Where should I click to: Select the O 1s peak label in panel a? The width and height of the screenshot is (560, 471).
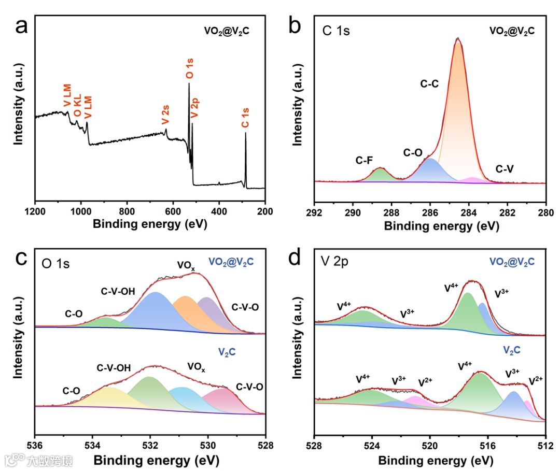tap(190, 69)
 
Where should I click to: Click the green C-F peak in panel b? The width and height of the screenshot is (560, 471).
tap(381, 175)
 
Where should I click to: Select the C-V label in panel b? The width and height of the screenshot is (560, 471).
tap(505, 169)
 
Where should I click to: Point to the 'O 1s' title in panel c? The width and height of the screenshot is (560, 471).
tap(56, 264)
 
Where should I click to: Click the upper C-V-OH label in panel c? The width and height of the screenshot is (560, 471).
tap(118, 291)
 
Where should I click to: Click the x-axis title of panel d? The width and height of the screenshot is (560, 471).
tap(430, 461)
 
